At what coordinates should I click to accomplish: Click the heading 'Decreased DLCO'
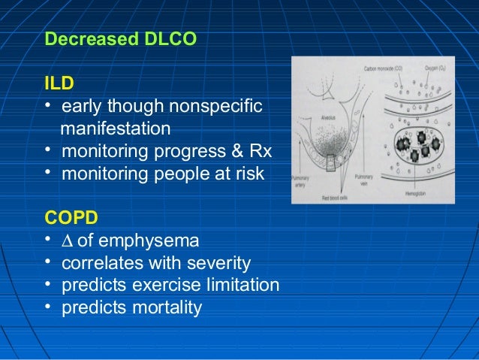(121, 38)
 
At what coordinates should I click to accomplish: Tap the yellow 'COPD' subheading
(72, 218)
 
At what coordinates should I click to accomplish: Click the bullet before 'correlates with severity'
(49, 263)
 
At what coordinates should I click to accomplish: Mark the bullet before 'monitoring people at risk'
(49, 173)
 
